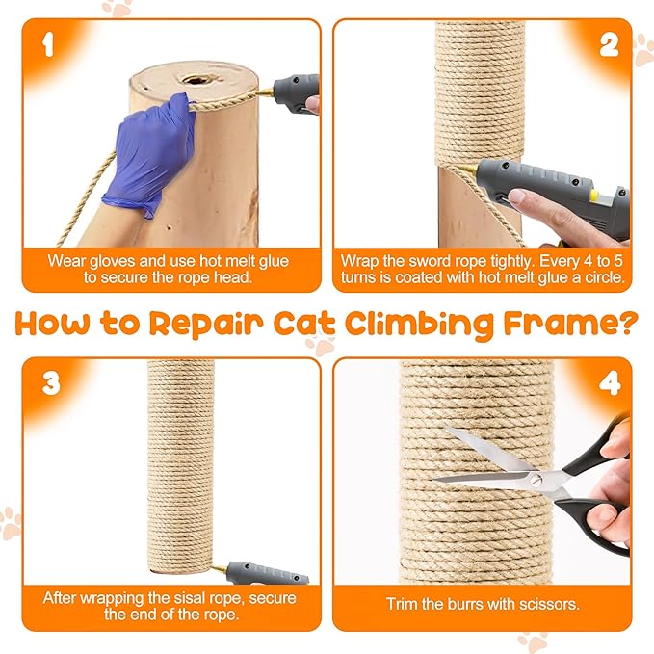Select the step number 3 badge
(x=50, y=383)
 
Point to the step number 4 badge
(x=609, y=383)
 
